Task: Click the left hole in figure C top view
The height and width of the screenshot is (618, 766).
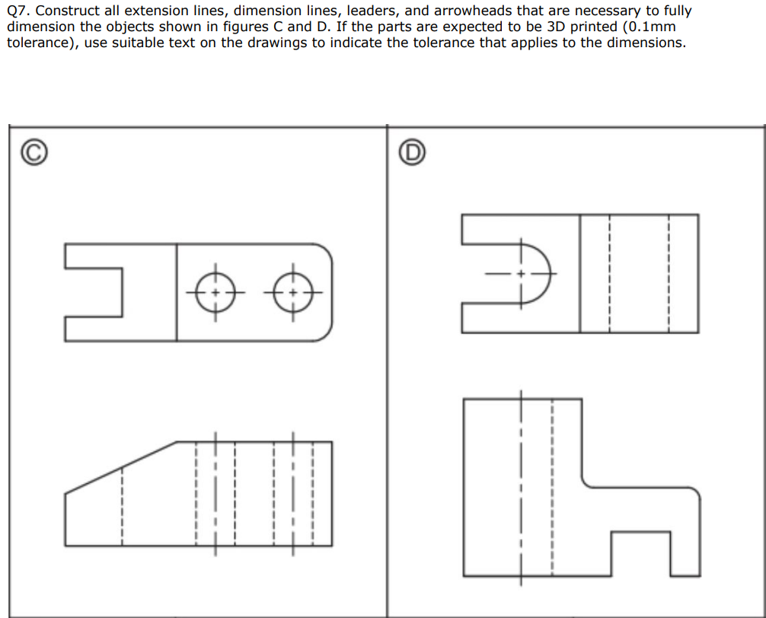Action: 215,292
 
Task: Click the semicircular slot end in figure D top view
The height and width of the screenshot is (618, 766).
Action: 542,273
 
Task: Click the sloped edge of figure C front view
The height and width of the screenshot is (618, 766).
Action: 122,467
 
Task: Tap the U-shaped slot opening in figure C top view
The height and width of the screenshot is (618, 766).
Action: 95,292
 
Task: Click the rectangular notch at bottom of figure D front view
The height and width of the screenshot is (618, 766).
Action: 641,554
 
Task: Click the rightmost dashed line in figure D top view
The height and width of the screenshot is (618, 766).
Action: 669,273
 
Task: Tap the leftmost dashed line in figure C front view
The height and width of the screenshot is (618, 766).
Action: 122,505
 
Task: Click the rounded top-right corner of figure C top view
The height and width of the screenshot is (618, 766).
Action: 325,251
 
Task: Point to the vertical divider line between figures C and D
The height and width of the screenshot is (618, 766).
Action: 387,365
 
